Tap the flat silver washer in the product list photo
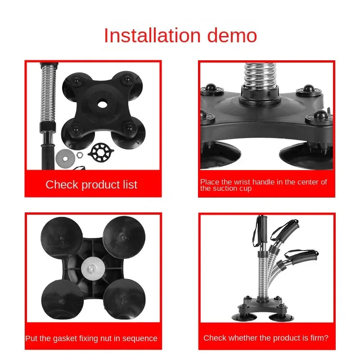coord(65,158)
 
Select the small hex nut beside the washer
coord(80,155)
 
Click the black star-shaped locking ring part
coord(101,152)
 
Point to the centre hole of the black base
coord(103,105)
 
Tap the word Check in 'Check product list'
coord(62,184)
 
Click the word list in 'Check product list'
coord(130,184)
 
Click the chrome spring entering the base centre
coord(260,75)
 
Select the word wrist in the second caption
coord(242,182)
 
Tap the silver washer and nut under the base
coord(93,268)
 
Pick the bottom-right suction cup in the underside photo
coord(124,299)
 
